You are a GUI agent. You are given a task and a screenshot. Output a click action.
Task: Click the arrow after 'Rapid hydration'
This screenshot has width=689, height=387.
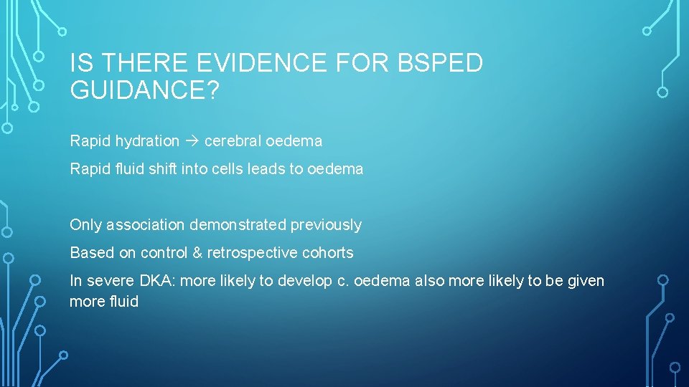[192, 141]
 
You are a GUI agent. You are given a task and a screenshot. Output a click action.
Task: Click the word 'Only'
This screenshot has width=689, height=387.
[86, 225]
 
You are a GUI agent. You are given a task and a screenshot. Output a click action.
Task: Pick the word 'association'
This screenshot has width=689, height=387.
[146, 225]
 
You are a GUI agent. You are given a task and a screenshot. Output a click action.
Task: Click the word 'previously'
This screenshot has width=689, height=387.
[326, 225]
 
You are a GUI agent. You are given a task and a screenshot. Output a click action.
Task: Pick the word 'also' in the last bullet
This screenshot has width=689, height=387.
[429, 281]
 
